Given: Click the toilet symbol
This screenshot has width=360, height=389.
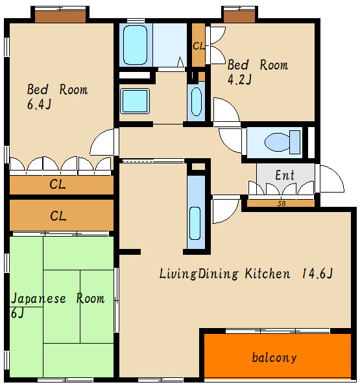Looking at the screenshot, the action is pyautogui.click(x=282, y=142).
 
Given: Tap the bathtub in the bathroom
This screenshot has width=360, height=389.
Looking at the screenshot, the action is pyautogui.click(x=135, y=45).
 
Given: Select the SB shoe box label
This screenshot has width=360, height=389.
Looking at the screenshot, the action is pyautogui.click(x=282, y=204).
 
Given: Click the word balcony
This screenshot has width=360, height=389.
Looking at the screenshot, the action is pyautogui.click(x=274, y=358).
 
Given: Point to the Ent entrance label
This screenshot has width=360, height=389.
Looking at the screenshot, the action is pyautogui.click(x=285, y=175).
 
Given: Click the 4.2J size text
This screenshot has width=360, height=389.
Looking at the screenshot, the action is pyautogui.click(x=239, y=80).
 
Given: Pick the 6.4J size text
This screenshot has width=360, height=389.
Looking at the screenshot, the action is pyautogui.click(x=39, y=104).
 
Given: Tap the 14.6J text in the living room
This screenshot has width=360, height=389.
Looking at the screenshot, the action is pyautogui.click(x=317, y=274).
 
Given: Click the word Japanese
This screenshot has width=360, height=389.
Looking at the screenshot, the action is pyautogui.click(x=38, y=298).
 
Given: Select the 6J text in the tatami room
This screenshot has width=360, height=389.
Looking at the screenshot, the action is pyautogui.click(x=18, y=313).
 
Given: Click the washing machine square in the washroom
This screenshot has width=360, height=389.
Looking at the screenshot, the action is pyautogui.click(x=135, y=101).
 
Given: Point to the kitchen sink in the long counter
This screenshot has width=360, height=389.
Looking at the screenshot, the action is pyautogui.click(x=195, y=223).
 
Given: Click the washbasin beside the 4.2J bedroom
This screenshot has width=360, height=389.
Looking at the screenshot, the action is pyautogui.click(x=197, y=102).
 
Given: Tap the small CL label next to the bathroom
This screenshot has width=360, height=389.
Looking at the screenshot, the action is pyautogui.click(x=198, y=45).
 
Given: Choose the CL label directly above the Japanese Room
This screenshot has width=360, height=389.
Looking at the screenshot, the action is pyautogui.click(x=58, y=216).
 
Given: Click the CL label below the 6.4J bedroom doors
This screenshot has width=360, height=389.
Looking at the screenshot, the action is pyautogui.click(x=58, y=184).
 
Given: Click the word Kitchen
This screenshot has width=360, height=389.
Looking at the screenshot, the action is pyautogui.click(x=267, y=274).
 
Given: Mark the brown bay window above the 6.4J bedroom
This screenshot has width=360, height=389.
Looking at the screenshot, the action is pyautogui.click(x=60, y=17).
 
